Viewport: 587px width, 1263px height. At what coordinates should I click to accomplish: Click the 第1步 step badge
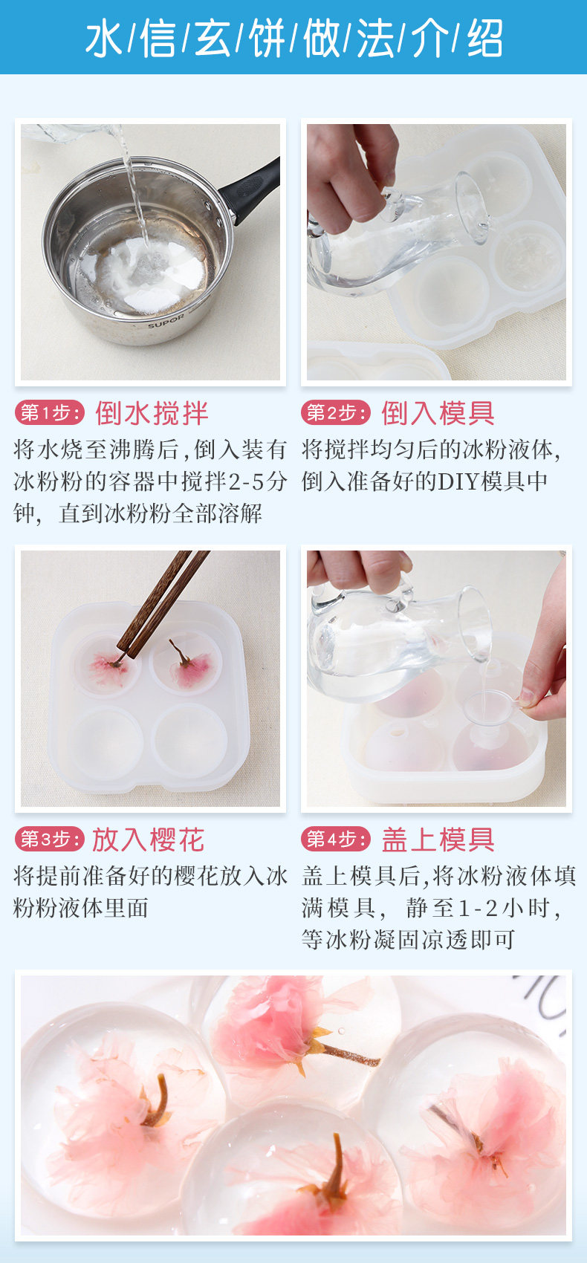click(x=50, y=413)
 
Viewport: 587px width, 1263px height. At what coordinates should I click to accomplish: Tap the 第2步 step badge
click(x=336, y=413)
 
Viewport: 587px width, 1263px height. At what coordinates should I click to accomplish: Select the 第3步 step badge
click(x=50, y=839)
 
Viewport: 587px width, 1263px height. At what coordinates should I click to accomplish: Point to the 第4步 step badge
click(x=336, y=839)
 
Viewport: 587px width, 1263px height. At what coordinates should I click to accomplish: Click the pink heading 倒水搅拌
click(x=152, y=413)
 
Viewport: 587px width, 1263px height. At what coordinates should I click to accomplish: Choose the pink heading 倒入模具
click(x=438, y=413)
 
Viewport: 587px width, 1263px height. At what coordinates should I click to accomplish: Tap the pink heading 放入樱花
click(x=149, y=840)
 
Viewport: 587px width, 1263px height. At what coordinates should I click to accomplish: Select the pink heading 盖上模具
click(x=438, y=840)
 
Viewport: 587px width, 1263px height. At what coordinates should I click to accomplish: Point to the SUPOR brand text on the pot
click(x=166, y=320)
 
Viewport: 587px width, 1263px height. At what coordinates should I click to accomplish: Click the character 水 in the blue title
click(x=104, y=39)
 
